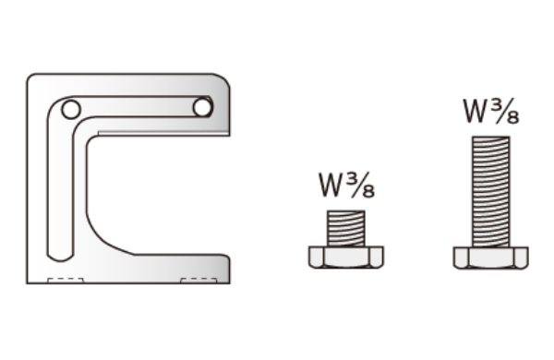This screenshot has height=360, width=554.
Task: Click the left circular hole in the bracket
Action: pyautogui.click(x=71, y=110)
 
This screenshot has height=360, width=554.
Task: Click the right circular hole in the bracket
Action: pyautogui.click(x=202, y=107)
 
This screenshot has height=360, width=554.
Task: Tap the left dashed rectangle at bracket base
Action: pyautogui.click(x=66, y=281)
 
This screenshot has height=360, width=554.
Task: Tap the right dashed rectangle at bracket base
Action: pyautogui.click(x=199, y=281)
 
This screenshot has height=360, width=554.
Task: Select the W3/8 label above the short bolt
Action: pyautogui.click(x=346, y=186)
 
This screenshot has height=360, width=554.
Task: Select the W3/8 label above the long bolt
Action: pyautogui.click(x=491, y=112)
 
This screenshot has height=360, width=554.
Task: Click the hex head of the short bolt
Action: pyautogui.click(x=346, y=258)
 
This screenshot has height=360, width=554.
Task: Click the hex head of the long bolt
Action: pyautogui.click(x=491, y=258)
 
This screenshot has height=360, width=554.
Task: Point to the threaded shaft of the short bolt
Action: pyautogui.click(x=346, y=228)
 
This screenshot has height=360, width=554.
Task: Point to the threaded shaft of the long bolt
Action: pyautogui.click(x=491, y=191)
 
